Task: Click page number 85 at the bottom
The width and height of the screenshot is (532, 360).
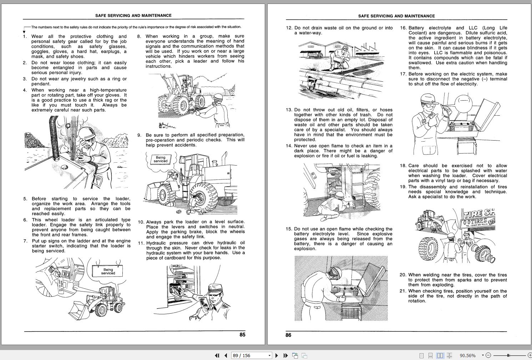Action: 242,335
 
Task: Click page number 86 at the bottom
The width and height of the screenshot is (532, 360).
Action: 288,335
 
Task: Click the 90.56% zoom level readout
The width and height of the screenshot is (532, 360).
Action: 467,355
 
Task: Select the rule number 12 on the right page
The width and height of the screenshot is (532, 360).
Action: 289,28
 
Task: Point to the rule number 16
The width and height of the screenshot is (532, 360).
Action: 403,28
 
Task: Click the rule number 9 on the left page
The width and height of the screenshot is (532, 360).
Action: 140,135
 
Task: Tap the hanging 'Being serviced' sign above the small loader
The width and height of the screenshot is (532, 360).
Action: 108,272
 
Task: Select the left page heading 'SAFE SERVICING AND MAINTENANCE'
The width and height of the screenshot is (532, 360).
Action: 133,15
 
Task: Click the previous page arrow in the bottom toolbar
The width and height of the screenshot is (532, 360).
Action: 226,355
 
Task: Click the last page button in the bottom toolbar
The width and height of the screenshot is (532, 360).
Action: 285,355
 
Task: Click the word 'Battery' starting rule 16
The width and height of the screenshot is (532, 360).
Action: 416,28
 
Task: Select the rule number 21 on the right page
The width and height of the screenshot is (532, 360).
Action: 403,291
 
